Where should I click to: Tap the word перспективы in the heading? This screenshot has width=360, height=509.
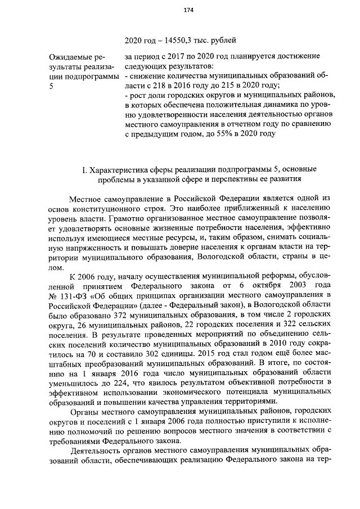pyautogui.click(x=241, y=179)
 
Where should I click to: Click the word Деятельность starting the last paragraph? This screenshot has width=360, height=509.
pyautogui.click(x=98, y=452)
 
